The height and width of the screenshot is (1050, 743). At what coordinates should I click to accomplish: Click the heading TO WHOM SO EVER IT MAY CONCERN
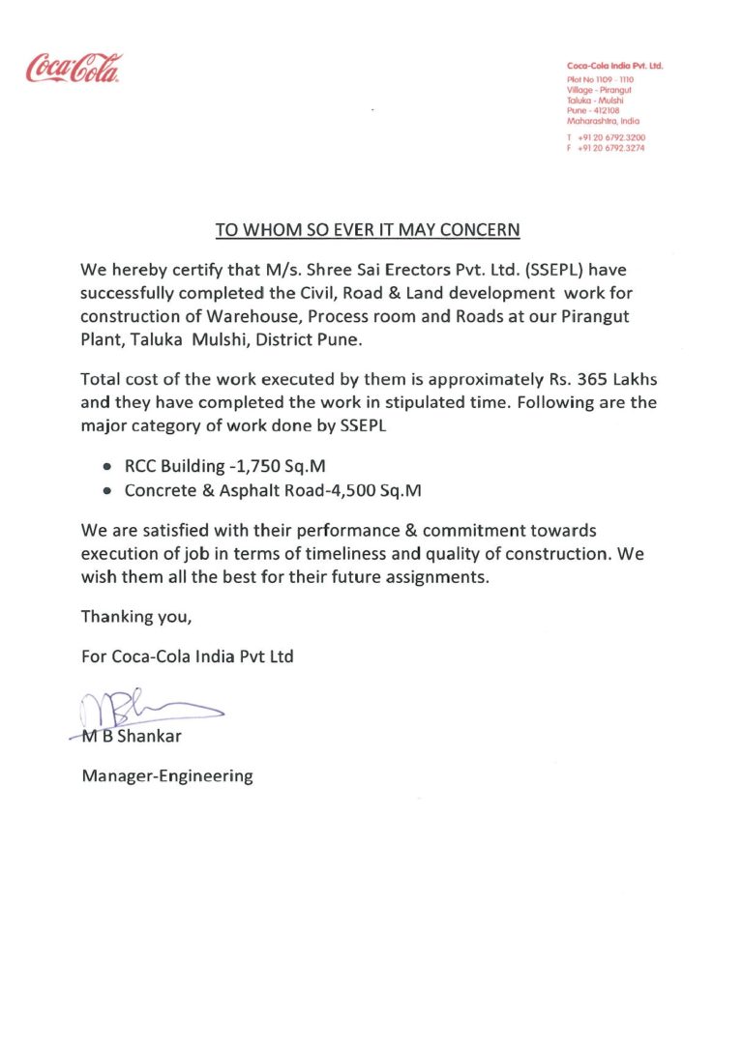point(368,230)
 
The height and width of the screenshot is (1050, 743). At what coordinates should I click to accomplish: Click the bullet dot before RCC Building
point(108,466)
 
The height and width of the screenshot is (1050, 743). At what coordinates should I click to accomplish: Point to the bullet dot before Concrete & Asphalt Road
point(108,491)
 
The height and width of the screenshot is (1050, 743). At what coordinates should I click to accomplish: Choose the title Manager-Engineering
point(166,775)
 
